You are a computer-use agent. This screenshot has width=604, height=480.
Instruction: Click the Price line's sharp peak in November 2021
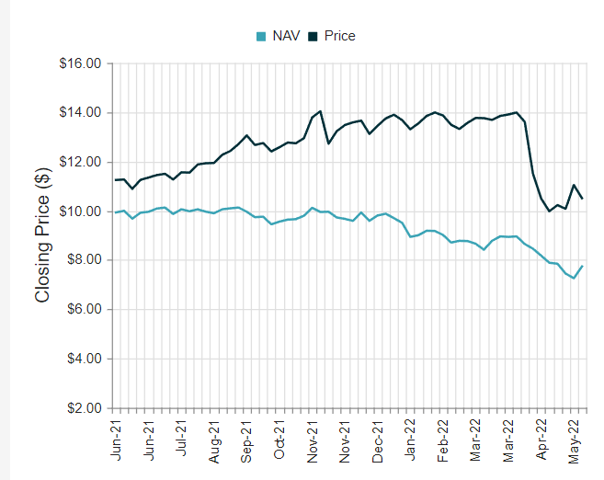tap(320, 111)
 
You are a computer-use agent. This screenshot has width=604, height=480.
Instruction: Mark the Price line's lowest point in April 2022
tap(550, 211)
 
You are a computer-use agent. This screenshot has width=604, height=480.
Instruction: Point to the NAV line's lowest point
tap(574, 278)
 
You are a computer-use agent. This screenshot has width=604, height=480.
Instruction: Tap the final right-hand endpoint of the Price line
tap(582, 199)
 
